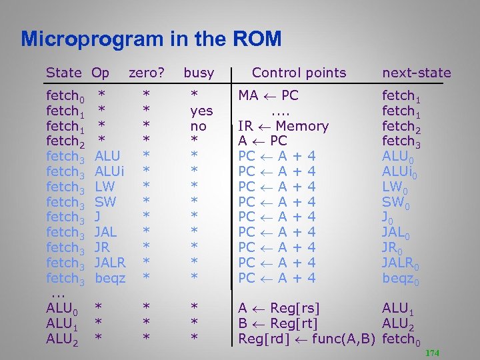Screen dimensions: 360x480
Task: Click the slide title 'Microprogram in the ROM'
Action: tap(151, 39)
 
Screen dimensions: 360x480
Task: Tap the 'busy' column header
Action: tap(199, 73)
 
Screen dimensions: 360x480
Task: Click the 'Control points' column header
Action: tap(299, 73)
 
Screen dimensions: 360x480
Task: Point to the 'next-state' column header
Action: tap(416, 73)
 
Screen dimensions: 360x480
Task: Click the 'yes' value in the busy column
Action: tap(201, 111)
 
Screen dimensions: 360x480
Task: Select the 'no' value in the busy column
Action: tap(199, 127)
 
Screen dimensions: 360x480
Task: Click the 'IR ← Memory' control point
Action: tap(283, 127)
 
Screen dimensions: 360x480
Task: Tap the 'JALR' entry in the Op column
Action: tap(110, 263)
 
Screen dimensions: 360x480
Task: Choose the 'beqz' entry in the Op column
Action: tap(110, 278)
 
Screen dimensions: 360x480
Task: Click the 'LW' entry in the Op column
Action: tap(105, 187)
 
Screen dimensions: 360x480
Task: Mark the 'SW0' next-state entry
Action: tap(396, 202)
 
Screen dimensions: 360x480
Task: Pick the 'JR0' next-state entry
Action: tap(394, 248)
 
